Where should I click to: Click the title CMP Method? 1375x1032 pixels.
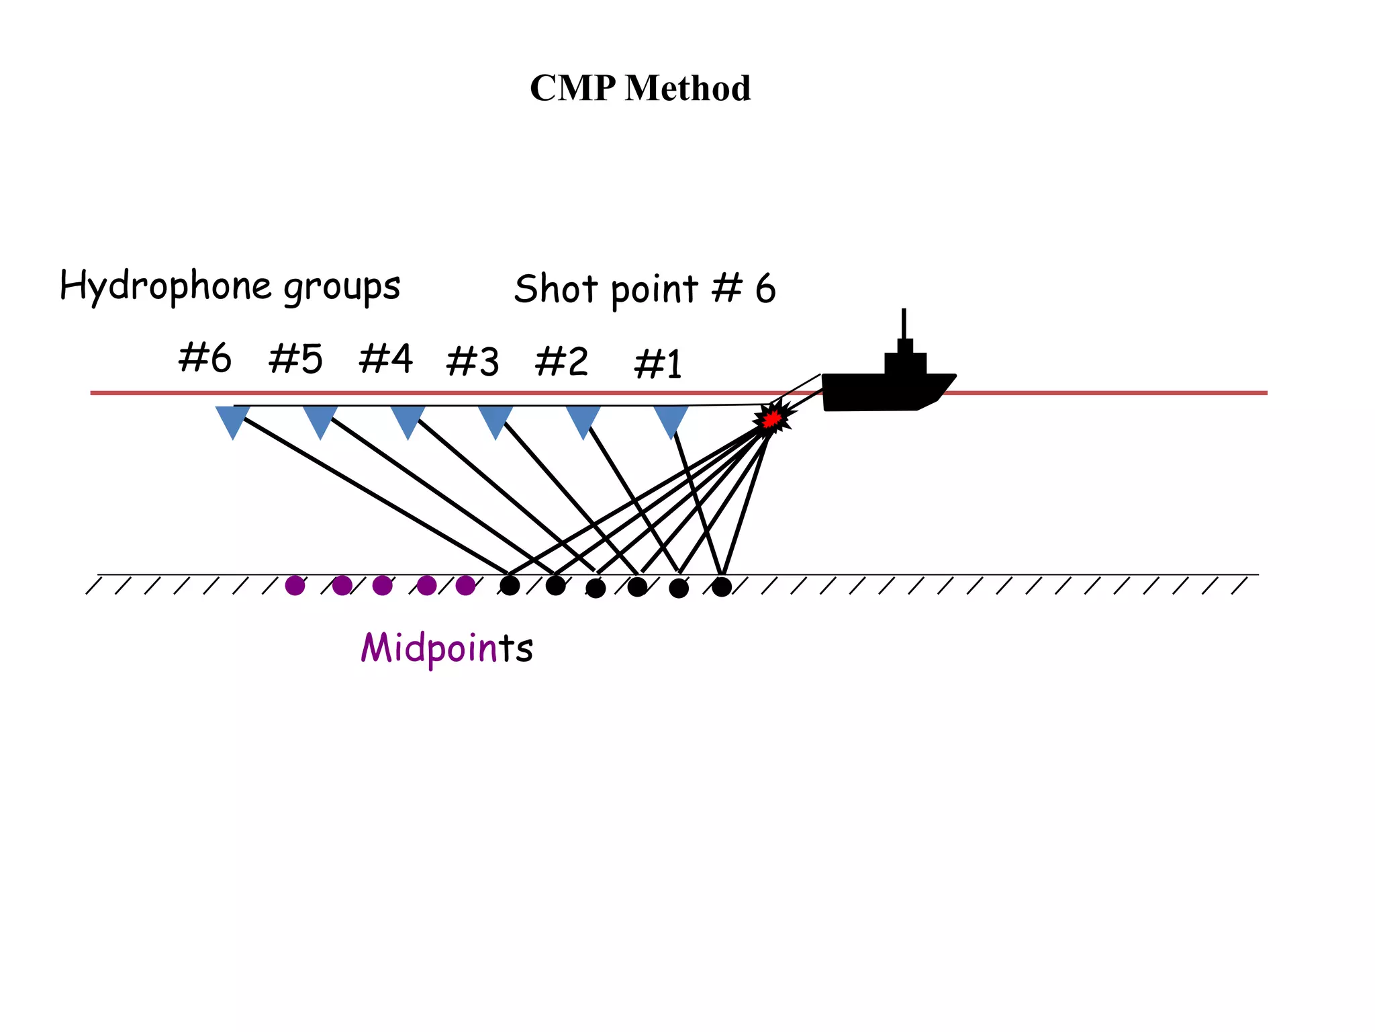pos(640,88)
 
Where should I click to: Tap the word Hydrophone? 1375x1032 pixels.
pos(165,286)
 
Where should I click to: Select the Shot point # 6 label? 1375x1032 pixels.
pos(645,289)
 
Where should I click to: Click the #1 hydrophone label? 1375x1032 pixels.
pos(658,364)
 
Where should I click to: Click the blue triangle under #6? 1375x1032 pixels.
pos(233,419)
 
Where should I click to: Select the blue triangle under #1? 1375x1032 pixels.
pos(671,419)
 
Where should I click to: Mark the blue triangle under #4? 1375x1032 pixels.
pos(408,419)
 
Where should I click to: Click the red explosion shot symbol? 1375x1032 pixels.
pos(772,419)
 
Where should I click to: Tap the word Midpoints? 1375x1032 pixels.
pos(446,648)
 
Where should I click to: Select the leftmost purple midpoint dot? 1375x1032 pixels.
pos(295,586)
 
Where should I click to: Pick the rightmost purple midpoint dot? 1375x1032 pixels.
pos(465,586)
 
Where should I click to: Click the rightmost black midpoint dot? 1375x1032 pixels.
pos(722,587)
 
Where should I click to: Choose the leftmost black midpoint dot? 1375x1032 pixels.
pos(510,586)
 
